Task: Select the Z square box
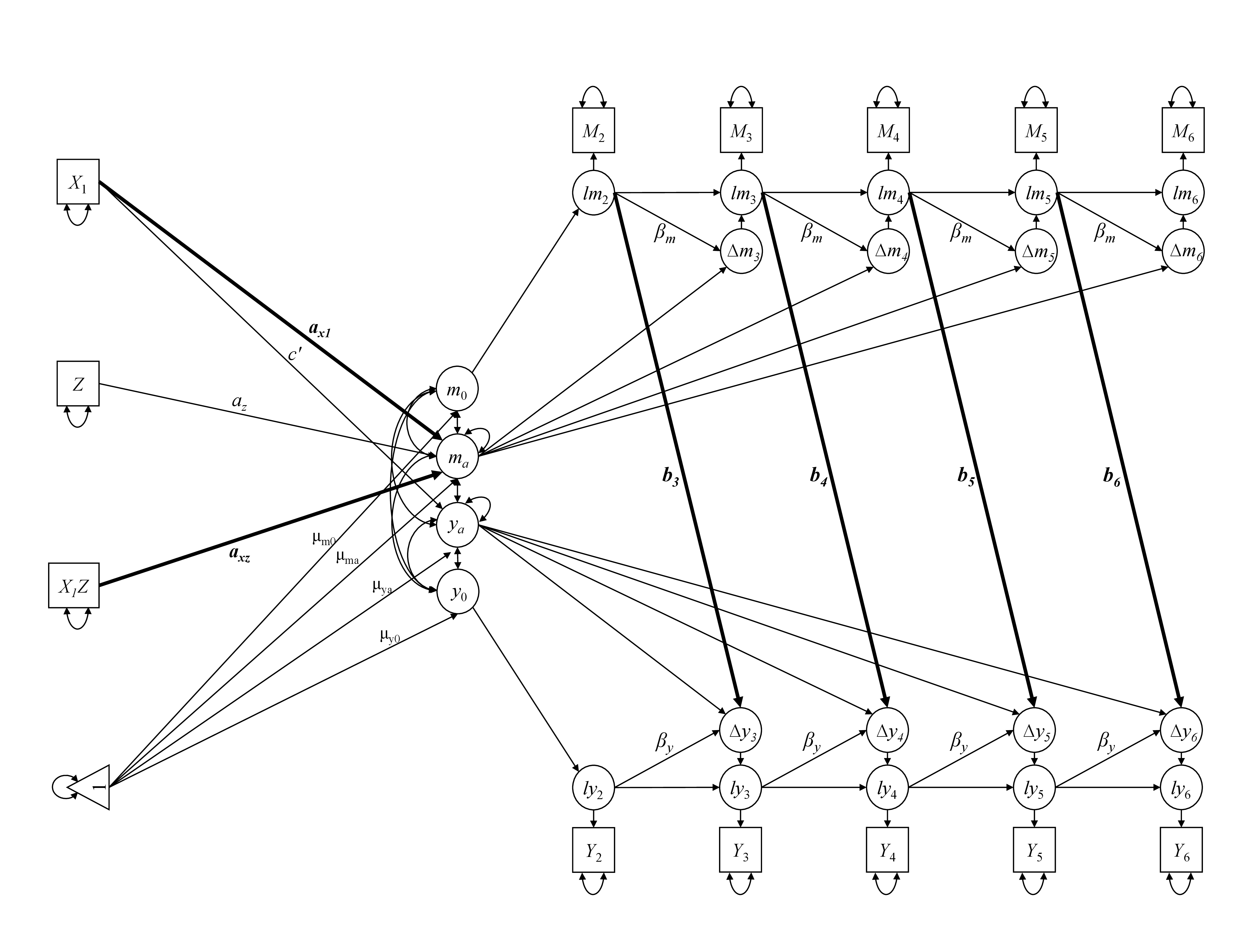tap(78, 384)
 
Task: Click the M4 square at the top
tap(888, 131)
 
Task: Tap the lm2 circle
tap(593, 193)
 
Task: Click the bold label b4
tap(819, 475)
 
